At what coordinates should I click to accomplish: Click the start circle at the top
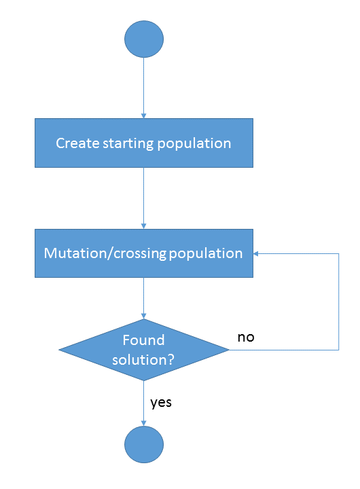pos(144,39)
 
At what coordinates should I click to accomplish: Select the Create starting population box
pos(144,143)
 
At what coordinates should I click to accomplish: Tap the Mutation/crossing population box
pos(144,253)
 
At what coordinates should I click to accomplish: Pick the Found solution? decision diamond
pos(144,350)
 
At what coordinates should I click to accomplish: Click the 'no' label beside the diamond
pos(246,337)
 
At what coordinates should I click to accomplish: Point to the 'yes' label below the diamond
pos(161,402)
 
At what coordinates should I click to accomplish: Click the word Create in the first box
pos(75,143)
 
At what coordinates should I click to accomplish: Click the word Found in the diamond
pos(143,340)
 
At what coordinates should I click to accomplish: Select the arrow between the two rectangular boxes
pos(144,198)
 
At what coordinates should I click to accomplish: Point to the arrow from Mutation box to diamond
pos(144,297)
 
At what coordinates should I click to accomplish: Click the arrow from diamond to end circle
pos(144,404)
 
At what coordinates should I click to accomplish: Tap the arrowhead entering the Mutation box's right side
pos(257,253)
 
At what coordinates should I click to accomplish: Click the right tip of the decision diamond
pos(228,350)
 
